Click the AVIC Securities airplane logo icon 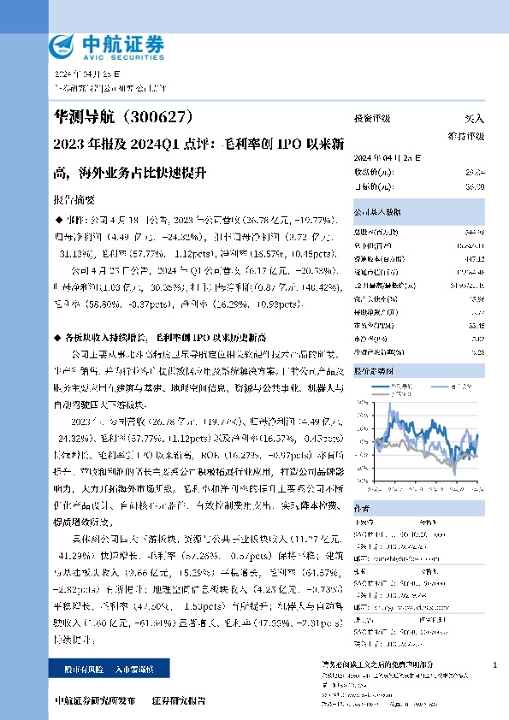[65, 46]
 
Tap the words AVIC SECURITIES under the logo [121, 57]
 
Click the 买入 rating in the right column [473, 120]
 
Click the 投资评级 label [373, 120]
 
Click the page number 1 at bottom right [495, 664]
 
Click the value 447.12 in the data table [474, 257]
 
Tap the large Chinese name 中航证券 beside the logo [122, 42]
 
